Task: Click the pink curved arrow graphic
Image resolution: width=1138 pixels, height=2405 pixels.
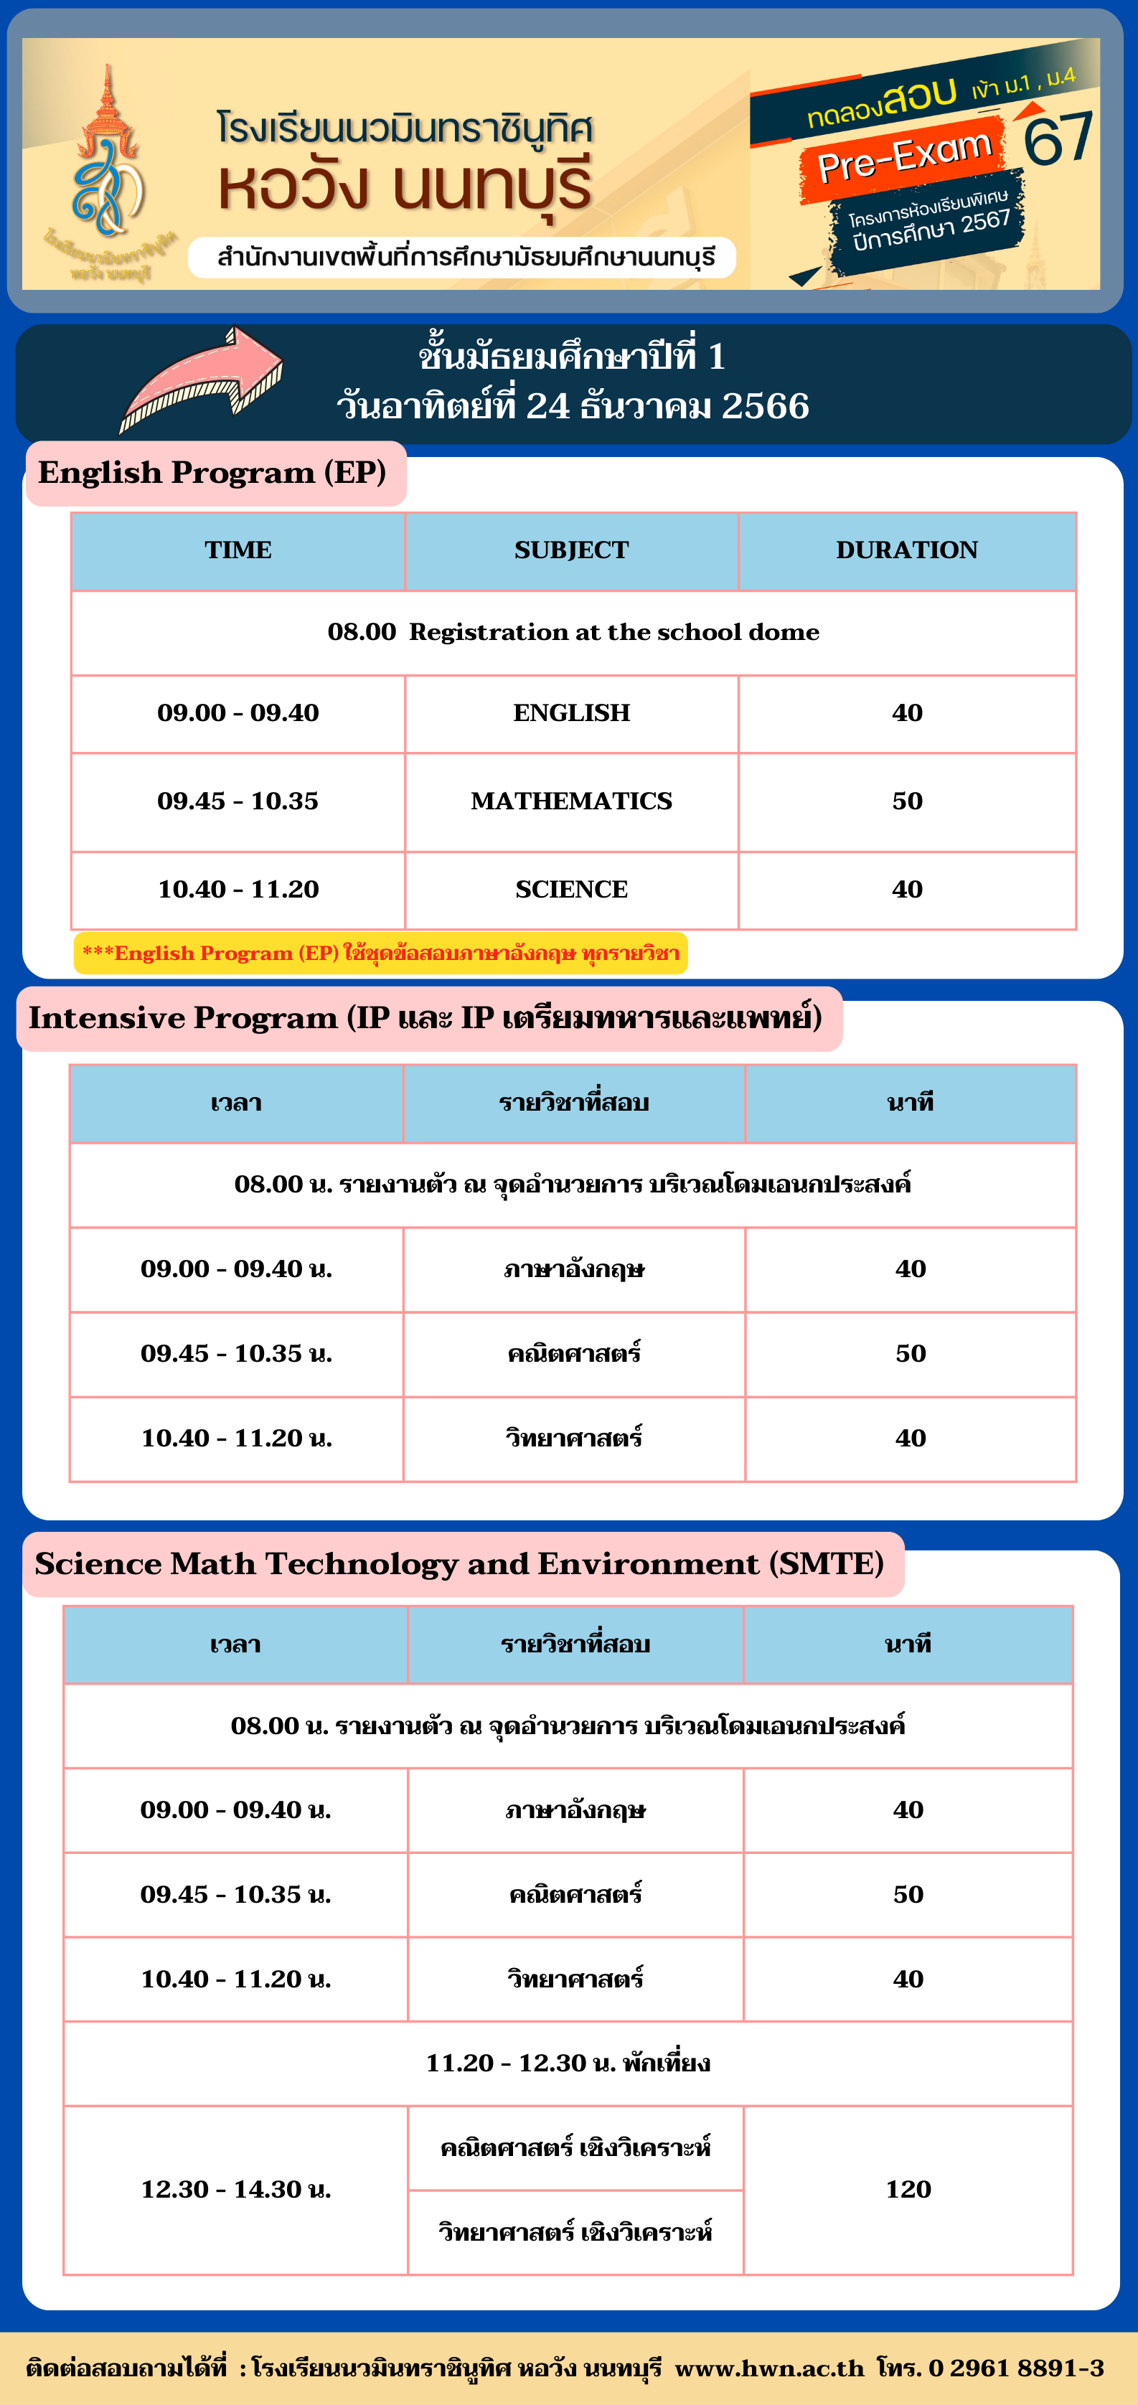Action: pyautogui.click(x=201, y=379)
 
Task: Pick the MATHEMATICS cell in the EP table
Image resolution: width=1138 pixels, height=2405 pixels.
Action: pyautogui.click(x=571, y=801)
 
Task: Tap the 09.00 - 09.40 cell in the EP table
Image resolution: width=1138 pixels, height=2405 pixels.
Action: pyautogui.click(x=238, y=713)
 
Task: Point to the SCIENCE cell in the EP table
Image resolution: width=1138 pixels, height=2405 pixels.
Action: pyautogui.click(x=571, y=890)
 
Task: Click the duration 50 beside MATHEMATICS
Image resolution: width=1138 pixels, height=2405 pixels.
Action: pyautogui.click(x=906, y=801)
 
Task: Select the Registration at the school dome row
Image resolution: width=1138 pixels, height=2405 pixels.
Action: pyautogui.click(x=573, y=633)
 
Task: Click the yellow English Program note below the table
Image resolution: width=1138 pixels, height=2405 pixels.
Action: pyautogui.click(x=380, y=954)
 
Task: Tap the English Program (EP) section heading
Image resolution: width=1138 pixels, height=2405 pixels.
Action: pyautogui.click(x=213, y=474)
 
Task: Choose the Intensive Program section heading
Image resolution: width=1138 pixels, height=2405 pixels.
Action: pyautogui.click(x=425, y=1017)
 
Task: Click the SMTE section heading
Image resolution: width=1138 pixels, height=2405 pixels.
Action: pyautogui.click(x=459, y=1564)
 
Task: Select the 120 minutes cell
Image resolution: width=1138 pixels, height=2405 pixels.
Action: pyautogui.click(x=908, y=2188)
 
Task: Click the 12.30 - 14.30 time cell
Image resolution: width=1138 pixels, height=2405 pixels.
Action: pyautogui.click(x=236, y=2188)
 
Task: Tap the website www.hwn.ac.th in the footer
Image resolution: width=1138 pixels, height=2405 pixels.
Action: pyautogui.click(x=769, y=2368)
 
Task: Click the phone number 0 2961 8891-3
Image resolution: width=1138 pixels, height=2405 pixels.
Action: pyautogui.click(x=1016, y=2368)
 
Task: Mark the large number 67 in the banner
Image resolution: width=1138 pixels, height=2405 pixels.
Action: pyautogui.click(x=1058, y=136)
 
